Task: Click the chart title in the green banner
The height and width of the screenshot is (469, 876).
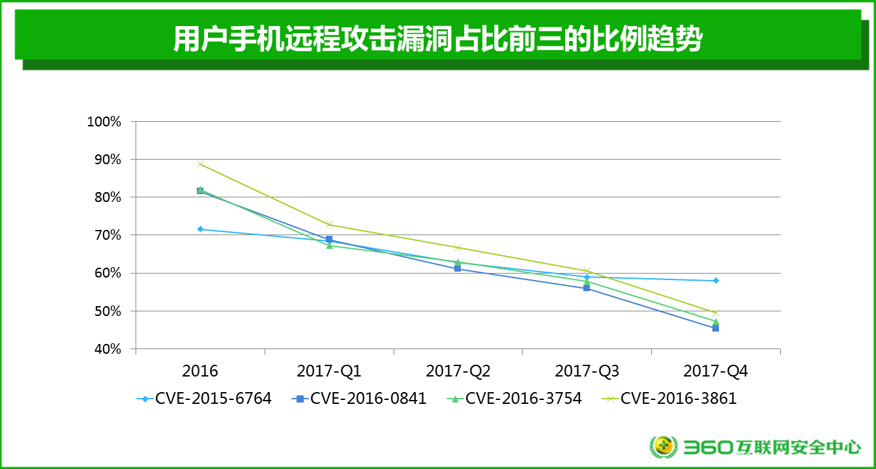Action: tap(437, 39)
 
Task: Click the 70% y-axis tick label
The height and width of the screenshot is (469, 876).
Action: tap(106, 235)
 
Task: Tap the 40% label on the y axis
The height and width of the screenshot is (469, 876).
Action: tap(106, 349)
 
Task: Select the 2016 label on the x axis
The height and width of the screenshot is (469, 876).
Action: tap(200, 371)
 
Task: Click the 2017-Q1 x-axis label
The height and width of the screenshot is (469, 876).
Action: tap(329, 371)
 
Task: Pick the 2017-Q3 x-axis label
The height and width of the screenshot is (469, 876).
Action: tap(587, 371)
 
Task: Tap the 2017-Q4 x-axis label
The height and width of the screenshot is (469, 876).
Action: tap(716, 371)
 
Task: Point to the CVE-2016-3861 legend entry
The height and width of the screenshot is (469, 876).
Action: tap(669, 399)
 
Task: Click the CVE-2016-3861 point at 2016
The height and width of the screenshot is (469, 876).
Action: tap(200, 163)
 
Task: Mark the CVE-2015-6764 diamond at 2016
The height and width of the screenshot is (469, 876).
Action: tap(200, 229)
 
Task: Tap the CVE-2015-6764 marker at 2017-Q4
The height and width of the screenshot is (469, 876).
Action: tap(716, 281)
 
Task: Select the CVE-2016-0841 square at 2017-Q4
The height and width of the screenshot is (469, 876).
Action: tap(716, 328)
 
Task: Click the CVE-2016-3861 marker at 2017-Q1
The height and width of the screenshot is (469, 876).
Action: tap(329, 225)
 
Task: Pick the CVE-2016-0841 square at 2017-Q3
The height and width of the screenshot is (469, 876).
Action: tap(587, 288)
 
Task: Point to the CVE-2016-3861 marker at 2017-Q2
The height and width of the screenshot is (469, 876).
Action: tap(458, 248)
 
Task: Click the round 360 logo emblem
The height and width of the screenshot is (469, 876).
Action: tap(664, 447)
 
